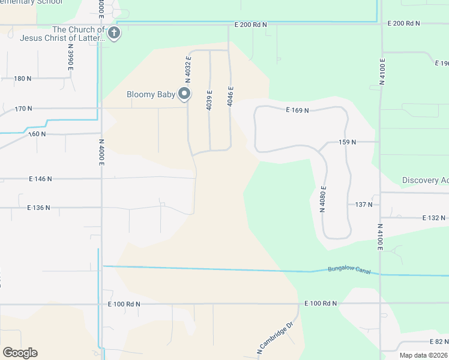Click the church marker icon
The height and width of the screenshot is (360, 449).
[x=114, y=34]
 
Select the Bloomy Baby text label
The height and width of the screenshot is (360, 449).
[x=151, y=94]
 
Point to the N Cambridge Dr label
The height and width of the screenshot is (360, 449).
[x=276, y=337]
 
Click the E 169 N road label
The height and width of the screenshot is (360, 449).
[x=297, y=110]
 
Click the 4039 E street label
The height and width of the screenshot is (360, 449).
[x=209, y=100]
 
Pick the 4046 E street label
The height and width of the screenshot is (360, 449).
[x=230, y=96]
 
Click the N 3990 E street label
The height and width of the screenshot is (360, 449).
[x=70, y=58]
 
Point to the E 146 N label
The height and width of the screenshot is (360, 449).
[x=40, y=179]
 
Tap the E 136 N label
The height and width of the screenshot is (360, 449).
[x=38, y=208]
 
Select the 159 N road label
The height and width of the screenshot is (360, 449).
[x=348, y=142]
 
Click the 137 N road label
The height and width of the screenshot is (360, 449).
[x=364, y=205]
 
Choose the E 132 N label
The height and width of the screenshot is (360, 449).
[x=435, y=218]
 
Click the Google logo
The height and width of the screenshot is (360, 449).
[x=20, y=353]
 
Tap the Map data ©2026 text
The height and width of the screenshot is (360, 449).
[x=423, y=355]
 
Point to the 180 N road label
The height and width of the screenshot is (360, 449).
[x=22, y=79]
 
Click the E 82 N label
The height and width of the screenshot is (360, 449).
[x=438, y=341]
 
